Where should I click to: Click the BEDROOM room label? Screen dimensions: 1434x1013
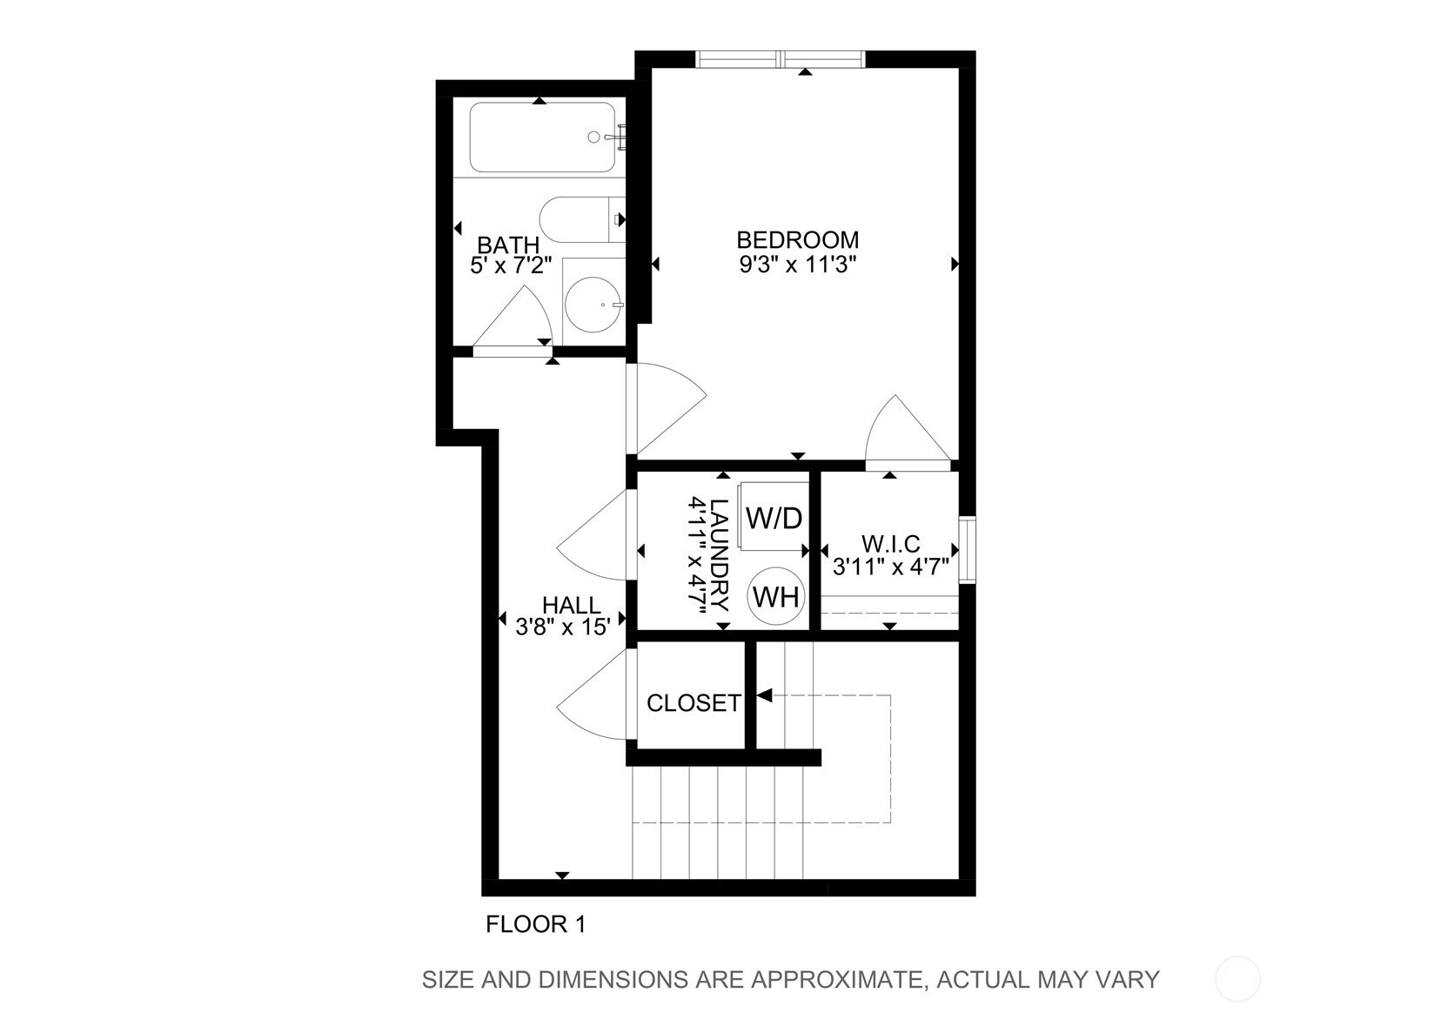pyautogui.click(x=798, y=240)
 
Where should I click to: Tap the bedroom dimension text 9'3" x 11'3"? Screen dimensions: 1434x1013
pyautogui.click(x=798, y=264)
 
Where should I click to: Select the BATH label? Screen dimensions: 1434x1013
pyautogui.click(x=508, y=245)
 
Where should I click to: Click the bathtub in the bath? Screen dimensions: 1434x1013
pyautogui.click(x=543, y=137)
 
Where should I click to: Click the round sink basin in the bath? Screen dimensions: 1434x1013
pyautogui.click(x=593, y=305)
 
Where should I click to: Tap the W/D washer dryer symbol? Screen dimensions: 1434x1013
pyautogui.click(x=774, y=518)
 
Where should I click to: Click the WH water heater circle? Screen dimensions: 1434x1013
pyautogui.click(x=776, y=597)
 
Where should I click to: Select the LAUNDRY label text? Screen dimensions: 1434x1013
pyautogui.click(x=720, y=554)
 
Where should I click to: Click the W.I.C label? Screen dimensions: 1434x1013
pyautogui.click(x=890, y=544)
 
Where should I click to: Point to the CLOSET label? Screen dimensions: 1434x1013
pyautogui.click(x=694, y=703)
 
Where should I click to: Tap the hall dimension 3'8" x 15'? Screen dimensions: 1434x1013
pyautogui.click(x=563, y=627)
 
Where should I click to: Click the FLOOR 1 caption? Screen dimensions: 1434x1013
pyautogui.click(x=536, y=924)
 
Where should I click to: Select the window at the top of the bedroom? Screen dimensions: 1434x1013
pyautogui.click(x=781, y=59)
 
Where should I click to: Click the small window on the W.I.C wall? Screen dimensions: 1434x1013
pyautogui.click(x=967, y=550)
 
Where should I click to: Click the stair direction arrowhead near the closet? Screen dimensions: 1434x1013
pyautogui.click(x=765, y=695)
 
